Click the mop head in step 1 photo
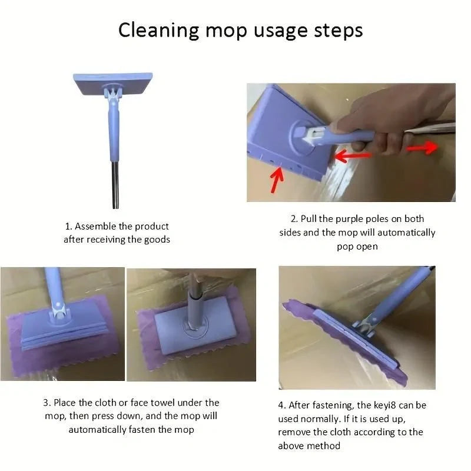[x=113, y=84]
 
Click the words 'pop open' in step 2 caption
[x=357, y=246]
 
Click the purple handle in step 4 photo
[x=400, y=294]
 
